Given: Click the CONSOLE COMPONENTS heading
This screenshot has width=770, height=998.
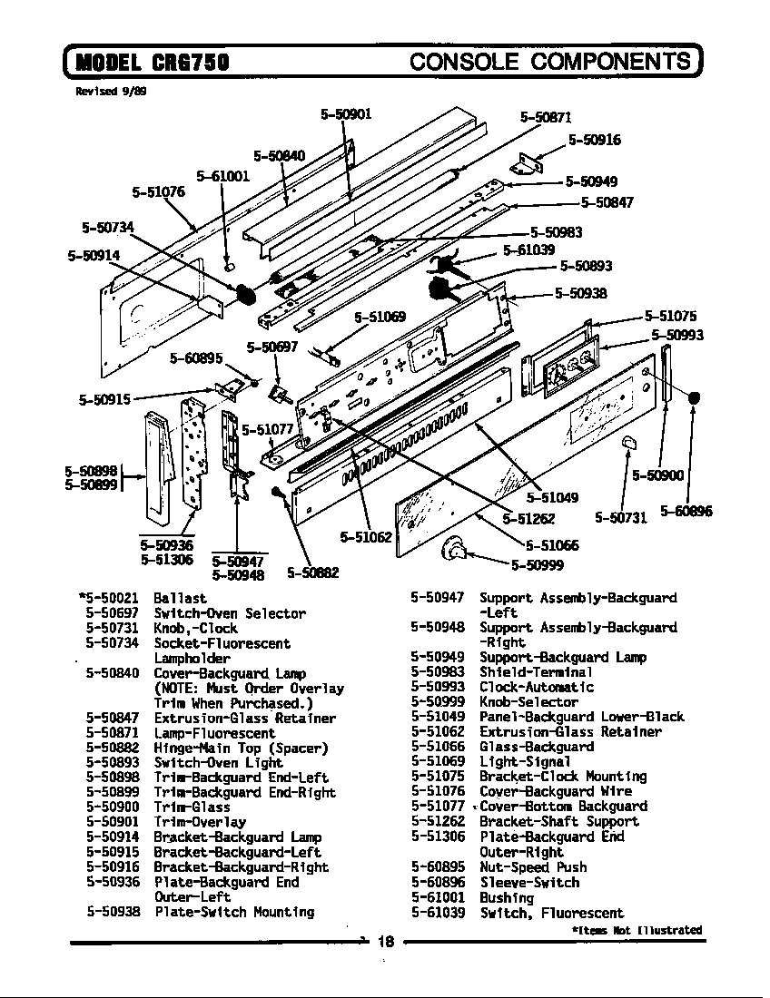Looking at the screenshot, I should click(550, 61).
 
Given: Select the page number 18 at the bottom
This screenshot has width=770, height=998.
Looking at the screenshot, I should click(385, 942).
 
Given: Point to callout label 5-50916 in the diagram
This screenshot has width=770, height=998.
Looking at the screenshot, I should click(595, 139).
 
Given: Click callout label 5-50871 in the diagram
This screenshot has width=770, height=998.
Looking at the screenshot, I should click(546, 117).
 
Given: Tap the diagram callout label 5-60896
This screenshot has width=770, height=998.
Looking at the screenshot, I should click(686, 512).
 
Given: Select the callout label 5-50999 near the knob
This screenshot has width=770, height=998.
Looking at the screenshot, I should click(537, 566).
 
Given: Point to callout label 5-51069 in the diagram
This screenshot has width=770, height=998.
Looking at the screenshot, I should click(380, 317).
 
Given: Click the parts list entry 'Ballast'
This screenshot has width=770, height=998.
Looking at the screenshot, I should click(180, 599).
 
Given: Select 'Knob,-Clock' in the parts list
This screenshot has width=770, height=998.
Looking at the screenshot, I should click(195, 629).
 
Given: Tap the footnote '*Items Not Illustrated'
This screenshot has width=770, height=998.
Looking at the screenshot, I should click(637, 930).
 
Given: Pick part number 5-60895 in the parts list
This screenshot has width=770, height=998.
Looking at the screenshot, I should click(438, 867).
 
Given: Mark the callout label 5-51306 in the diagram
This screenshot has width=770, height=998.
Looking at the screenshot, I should click(167, 560).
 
